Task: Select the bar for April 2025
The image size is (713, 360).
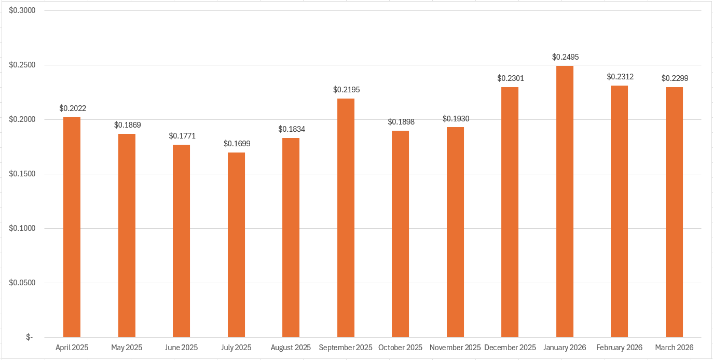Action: [x=72, y=227]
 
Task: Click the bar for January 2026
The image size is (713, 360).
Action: [x=565, y=201]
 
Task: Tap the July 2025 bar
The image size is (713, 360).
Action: [x=236, y=245]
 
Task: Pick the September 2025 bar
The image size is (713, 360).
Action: [x=346, y=218]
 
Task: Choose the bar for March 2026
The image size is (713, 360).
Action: [x=674, y=212]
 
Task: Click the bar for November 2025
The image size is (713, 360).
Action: [x=455, y=232]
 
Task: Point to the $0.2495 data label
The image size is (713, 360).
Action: [x=565, y=57]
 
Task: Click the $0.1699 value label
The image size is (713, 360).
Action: [x=237, y=144]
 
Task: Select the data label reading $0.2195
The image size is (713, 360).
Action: [x=346, y=90]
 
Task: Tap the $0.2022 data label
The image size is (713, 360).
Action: [x=73, y=108]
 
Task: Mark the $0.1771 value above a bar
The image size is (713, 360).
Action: [x=182, y=136]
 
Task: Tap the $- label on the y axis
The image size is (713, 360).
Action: [x=29, y=337]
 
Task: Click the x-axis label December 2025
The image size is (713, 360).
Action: [x=510, y=348]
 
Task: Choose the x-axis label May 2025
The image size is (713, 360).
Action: [x=127, y=348]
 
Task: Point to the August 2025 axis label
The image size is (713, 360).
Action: [x=291, y=348]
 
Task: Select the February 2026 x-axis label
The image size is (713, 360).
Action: [x=619, y=348]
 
